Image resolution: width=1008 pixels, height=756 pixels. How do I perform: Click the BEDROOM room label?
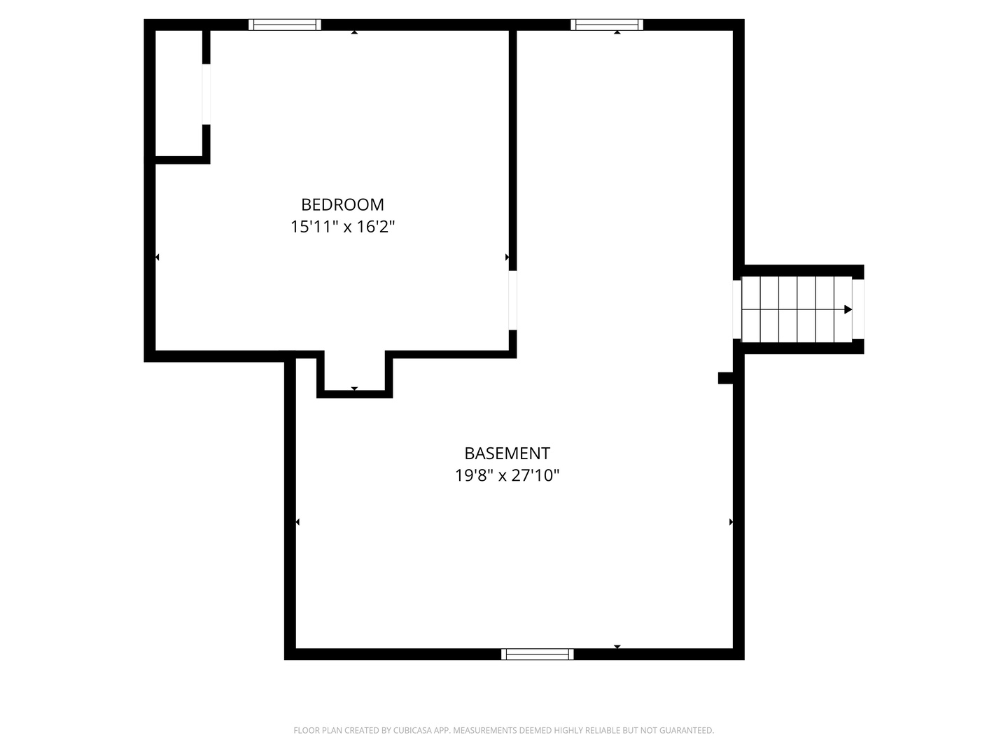coord(342,204)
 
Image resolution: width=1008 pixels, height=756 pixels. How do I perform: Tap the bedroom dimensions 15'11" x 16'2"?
coord(342,227)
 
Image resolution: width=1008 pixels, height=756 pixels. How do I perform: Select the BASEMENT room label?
coord(507,454)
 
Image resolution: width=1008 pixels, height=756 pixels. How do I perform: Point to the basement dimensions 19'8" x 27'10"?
coord(507,475)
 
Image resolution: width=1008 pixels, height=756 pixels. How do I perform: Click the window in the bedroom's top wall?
coord(285,24)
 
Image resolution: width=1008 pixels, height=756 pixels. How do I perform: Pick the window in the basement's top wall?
coord(607,24)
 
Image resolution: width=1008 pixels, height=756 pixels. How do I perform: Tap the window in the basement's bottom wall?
coord(538,654)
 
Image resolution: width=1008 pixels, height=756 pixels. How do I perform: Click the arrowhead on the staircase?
coord(848,309)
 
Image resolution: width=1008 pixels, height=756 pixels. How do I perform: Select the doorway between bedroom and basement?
coord(512,300)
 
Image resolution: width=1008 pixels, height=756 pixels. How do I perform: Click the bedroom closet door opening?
coord(206,94)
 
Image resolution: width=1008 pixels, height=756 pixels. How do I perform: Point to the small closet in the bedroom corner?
coord(178,93)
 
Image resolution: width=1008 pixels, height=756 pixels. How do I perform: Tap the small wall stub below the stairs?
coord(725,378)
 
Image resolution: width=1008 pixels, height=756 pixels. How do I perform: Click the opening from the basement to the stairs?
coord(736,309)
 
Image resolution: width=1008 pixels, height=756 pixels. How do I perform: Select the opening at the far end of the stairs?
coord(857,309)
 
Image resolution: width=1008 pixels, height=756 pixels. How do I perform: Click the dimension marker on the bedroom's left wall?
coord(157,257)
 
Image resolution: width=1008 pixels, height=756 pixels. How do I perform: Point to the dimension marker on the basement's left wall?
coord(297,522)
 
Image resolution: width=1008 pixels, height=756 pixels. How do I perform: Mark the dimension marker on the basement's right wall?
coord(731,522)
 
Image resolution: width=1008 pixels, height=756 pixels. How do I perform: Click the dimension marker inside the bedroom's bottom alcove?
coord(354,388)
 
